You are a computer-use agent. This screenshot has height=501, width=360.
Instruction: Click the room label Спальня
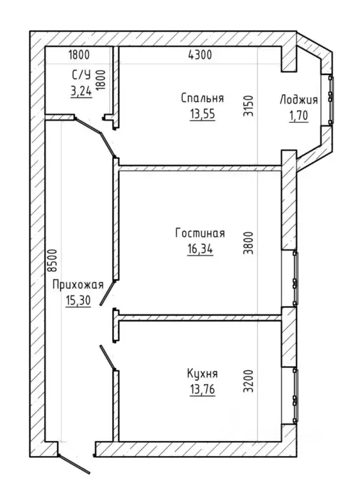pyautogui.click(x=202, y=98)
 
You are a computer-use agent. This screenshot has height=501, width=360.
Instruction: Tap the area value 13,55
pyautogui.click(x=202, y=114)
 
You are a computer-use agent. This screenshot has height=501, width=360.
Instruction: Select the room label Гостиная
pyautogui.click(x=200, y=234)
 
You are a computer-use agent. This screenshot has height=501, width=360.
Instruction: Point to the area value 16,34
pyautogui.click(x=200, y=249)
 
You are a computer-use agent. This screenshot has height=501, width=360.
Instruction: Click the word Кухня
pyautogui.click(x=202, y=374)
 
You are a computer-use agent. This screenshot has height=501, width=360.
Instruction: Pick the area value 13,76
pyautogui.click(x=202, y=389)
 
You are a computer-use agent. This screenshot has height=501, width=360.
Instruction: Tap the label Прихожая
pyautogui.click(x=78, y=284)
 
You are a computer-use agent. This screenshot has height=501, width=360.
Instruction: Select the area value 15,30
pyautogui.click(x=78, y=300)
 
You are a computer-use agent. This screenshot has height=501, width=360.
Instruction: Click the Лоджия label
pyautogui.click(x=299, y=100)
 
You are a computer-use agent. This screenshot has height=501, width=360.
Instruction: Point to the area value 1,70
pyautogui.click(x=299, y=115)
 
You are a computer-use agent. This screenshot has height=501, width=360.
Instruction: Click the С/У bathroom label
pyautogui.click(x=82, y=75)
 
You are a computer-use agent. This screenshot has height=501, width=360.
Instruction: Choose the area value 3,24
pyautogui.click(x=81, y=91)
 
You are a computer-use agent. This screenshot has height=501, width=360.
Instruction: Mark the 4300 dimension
pyautogui.click(x=200, y=55)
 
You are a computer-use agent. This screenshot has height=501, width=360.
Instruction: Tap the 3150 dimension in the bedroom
pyautogui.click(x=248, y=106)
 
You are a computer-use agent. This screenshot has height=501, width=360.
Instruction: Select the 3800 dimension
pyautogui.click(x=248, y=243)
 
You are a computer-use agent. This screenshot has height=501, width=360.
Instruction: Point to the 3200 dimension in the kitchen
pyautogui.click(x=248, y=381)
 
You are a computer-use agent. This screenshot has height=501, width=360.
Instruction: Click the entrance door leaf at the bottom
pyautogui.click(x=74, y=464)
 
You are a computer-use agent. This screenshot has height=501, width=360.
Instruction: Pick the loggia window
pyautogui.click(x=331, y=100)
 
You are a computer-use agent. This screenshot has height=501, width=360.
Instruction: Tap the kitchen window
pyautogui.click(x=295, y=395)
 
